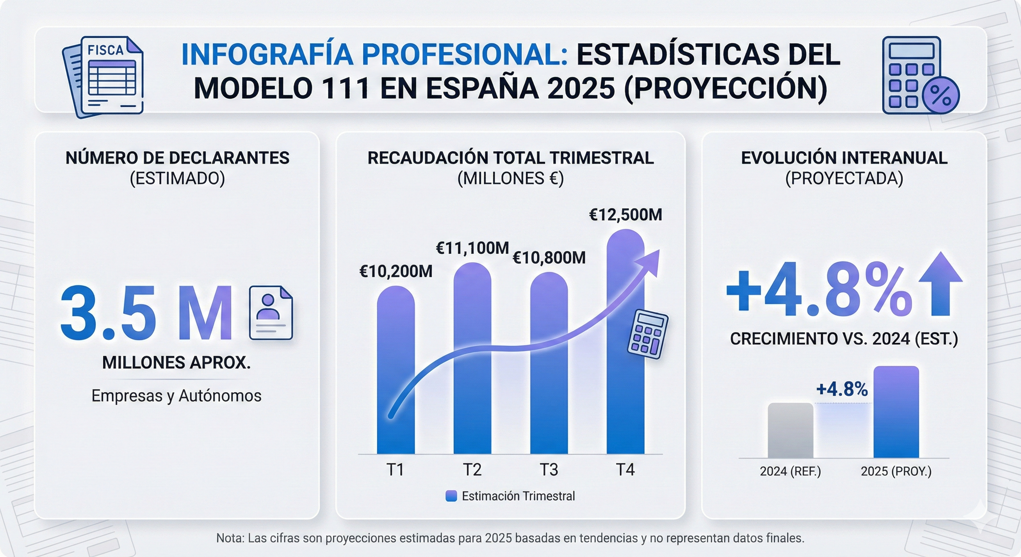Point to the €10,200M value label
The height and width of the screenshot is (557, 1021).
396,272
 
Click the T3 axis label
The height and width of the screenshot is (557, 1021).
549,470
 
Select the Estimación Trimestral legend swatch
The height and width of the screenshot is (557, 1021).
451,496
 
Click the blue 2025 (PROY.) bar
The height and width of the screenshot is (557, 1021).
896,412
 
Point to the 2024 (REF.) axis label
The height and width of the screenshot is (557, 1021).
790,471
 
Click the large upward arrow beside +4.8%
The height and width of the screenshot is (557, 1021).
940,284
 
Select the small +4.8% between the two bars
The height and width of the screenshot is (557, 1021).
842,389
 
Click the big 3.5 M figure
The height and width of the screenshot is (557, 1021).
146,313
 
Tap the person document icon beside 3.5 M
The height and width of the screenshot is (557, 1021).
271,313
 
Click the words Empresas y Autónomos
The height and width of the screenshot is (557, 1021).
176,396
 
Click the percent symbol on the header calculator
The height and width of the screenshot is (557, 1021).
941,95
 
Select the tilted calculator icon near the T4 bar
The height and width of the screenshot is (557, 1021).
647,334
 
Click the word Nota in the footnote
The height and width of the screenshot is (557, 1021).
230,538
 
